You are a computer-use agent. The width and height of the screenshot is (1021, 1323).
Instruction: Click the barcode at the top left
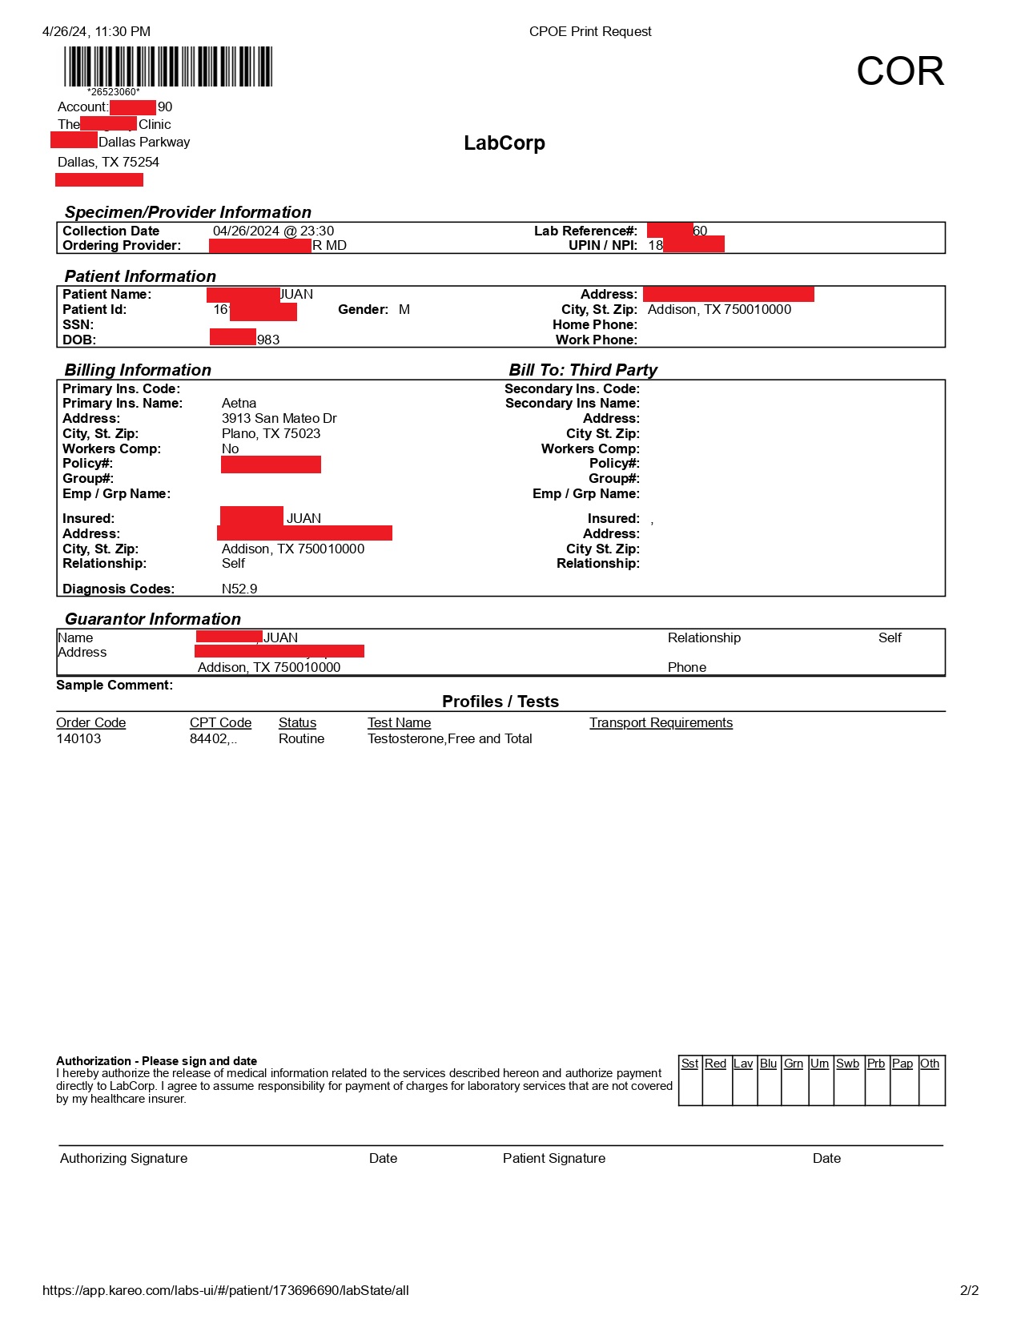point(168,66)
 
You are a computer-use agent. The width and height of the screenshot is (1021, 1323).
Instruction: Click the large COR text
point(899,71)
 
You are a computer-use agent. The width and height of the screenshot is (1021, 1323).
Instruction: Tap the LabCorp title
point(504,143)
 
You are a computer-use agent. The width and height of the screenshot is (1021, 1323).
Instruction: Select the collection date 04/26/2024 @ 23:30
point(273,231)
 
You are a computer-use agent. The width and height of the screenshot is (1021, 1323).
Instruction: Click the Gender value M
point(404,309)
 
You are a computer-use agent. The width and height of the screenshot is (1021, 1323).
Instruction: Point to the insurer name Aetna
point(239,403)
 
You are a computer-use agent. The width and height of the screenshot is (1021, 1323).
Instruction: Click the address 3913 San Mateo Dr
point(279,418)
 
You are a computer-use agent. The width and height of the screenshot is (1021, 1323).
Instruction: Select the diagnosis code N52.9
point(239,589)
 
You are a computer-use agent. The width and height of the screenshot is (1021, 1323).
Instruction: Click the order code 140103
point(78,738)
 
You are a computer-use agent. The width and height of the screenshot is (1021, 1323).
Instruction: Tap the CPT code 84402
point(212,738)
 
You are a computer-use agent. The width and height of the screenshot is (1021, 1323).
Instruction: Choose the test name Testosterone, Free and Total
point(449,738)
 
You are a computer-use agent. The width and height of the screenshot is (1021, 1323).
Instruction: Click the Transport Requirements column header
point(661,722)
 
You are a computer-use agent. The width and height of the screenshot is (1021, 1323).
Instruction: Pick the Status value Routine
point(301,738)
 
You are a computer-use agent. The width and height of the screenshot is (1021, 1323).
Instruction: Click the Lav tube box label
point(743,1064)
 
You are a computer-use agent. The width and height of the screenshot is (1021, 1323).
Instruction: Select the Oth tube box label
point(929,1064)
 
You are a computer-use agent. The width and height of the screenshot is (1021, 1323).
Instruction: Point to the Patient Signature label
point(553,1158)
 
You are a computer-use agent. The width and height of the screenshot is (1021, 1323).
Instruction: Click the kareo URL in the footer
point(225,1290)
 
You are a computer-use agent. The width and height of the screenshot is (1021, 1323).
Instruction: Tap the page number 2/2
point(969,1290)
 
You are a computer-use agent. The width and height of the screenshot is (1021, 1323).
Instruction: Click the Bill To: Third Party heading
point(582,370)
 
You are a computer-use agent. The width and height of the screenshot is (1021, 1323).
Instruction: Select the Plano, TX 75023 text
point(271,433)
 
